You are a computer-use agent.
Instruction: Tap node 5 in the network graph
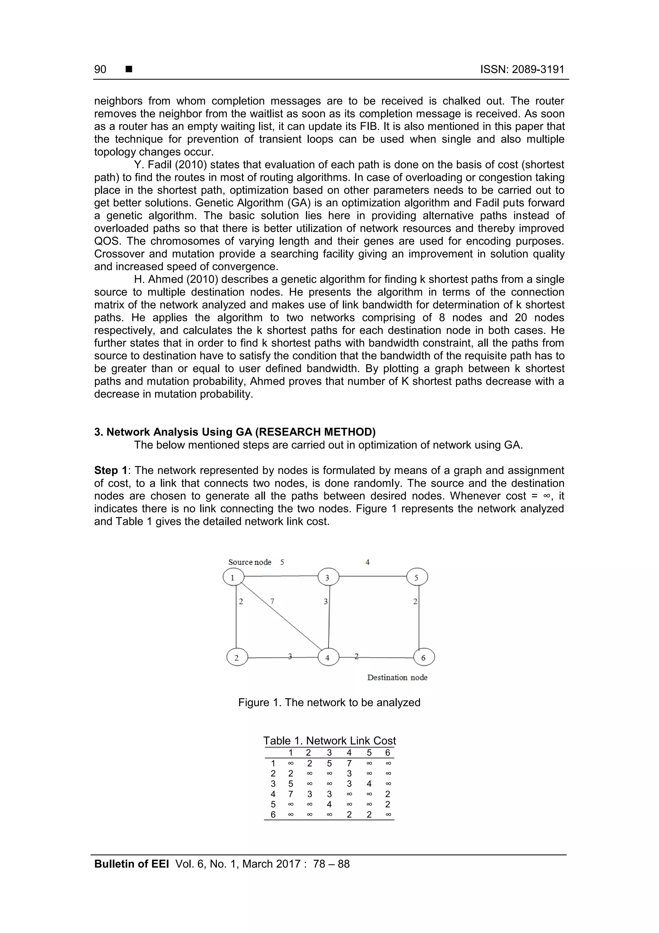coord(417,577)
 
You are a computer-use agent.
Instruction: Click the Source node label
coord(249,562)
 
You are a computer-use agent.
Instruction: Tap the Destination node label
coord(397,677)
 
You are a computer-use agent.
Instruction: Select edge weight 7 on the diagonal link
coord(272,601)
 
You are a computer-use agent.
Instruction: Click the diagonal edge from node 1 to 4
coord(284,618)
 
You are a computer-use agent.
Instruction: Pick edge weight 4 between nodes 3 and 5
coord(367,562)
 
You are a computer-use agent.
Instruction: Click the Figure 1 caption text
coord(329,702)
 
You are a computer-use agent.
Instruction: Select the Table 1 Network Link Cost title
coord(329,740)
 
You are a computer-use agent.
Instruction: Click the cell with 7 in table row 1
coord(349,763)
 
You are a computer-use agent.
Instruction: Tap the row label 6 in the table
coord(273,814)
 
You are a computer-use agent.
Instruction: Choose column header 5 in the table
coord(369,753)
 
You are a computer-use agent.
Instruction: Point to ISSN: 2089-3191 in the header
coord(522,70)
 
